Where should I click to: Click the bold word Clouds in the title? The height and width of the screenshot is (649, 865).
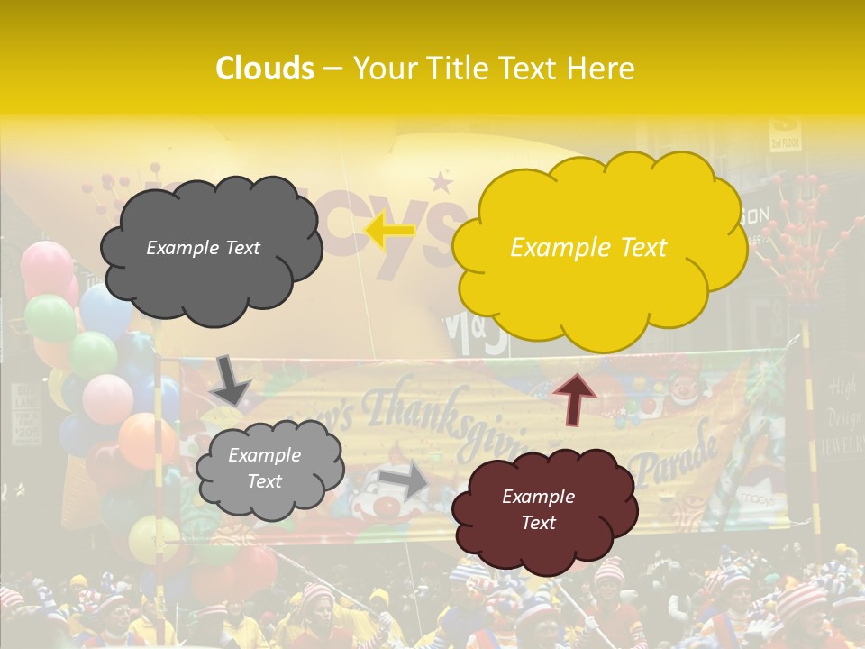[265, 69]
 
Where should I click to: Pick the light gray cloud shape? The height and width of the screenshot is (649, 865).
[269, 468]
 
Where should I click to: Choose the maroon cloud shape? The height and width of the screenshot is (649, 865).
[543, 509]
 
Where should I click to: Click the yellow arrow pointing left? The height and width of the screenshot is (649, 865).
[389, 230]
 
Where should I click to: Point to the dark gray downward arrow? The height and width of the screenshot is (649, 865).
[231, 379]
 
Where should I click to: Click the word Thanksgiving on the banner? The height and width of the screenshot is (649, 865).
[423, 415]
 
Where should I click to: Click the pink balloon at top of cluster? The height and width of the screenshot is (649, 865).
[46, 267]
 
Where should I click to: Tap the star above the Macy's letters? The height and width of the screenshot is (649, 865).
[441, 183]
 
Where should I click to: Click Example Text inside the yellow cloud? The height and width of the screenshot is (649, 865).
[588, 248]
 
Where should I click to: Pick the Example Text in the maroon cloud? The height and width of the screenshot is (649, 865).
[538, 509]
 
